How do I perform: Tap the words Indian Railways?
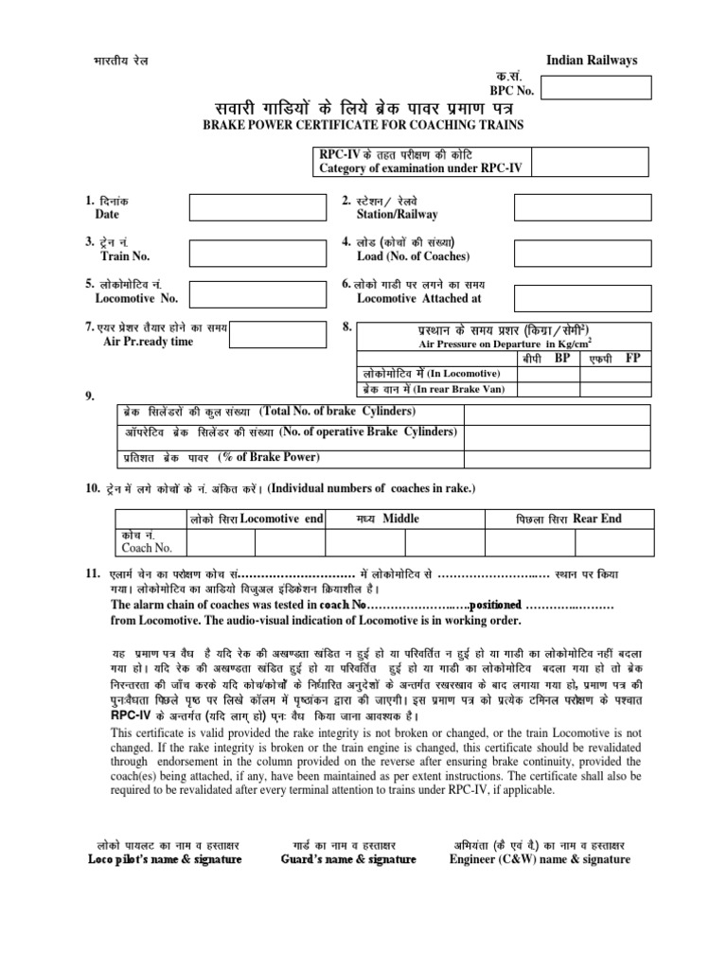tap(593, 61)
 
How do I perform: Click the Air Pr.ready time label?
tap(140, 342)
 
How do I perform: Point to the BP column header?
tap(561, 360)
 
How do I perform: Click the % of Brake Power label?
tap(270, 458)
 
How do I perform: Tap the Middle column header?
tap(400, 519)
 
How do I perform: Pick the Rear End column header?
tap(597, 519)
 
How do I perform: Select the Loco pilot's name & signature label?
tap(165, 859)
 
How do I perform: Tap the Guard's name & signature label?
tap(349, 859)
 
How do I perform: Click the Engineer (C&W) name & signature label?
tap(540, 859)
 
